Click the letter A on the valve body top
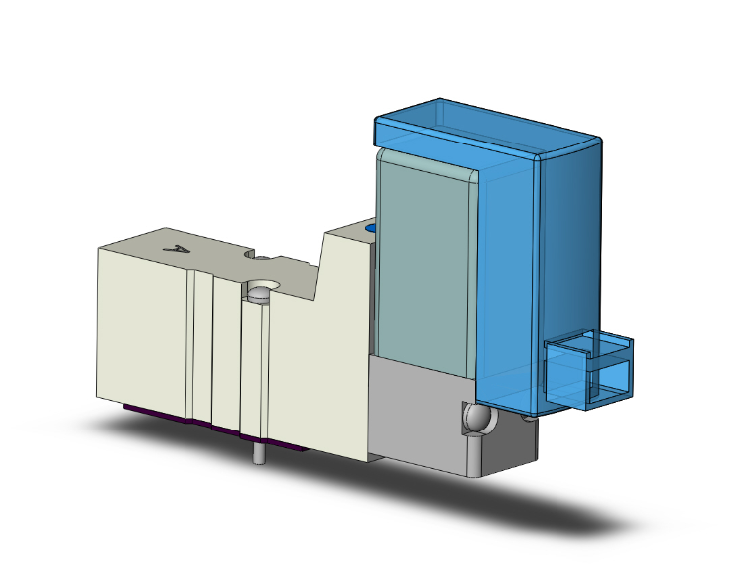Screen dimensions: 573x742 point(179,251)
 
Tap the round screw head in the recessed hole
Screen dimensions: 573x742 point(261,294)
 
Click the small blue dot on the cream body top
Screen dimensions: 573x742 point(372,230)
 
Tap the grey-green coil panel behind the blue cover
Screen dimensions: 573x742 point(423,259)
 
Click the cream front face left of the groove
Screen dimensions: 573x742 point(140,329)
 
